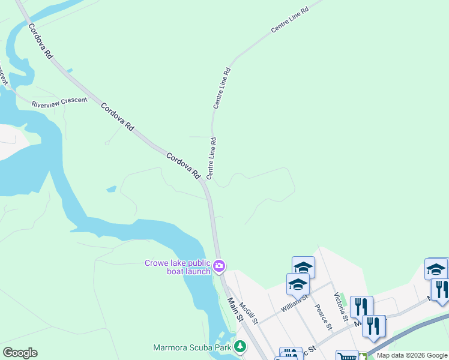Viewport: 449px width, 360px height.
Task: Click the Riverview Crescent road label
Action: (59, 103)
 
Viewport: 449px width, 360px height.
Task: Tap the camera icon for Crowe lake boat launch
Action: (219, 265)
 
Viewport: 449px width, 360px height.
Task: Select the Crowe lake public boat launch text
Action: (177, 267)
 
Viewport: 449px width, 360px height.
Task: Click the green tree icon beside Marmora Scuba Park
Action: (240, 346)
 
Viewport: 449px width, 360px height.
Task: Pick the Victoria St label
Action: (340, 306)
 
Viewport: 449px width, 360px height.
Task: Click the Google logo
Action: (20, 353)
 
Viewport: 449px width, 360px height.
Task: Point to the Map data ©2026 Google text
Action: (412, 356)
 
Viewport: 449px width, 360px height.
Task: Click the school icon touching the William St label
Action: (298, 284)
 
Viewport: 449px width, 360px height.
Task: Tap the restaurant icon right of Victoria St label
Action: (361, 307)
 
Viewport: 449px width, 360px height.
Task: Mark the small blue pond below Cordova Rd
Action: (111, 189)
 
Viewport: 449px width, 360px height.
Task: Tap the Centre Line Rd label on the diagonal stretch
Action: (289, 20)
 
